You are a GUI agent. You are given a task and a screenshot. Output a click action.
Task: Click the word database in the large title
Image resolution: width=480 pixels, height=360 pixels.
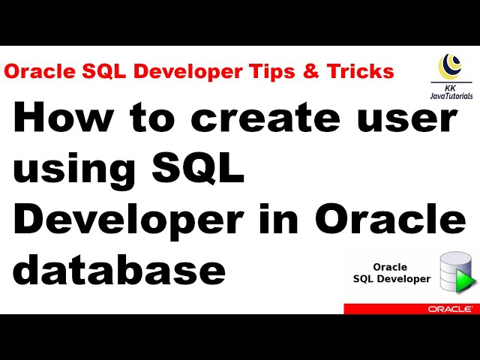tap(120, 268)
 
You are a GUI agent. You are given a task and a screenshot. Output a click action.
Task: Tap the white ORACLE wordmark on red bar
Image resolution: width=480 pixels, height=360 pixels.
tap(450, 308)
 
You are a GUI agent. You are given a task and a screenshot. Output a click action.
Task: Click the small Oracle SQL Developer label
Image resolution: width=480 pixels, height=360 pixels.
tap(391, 273)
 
